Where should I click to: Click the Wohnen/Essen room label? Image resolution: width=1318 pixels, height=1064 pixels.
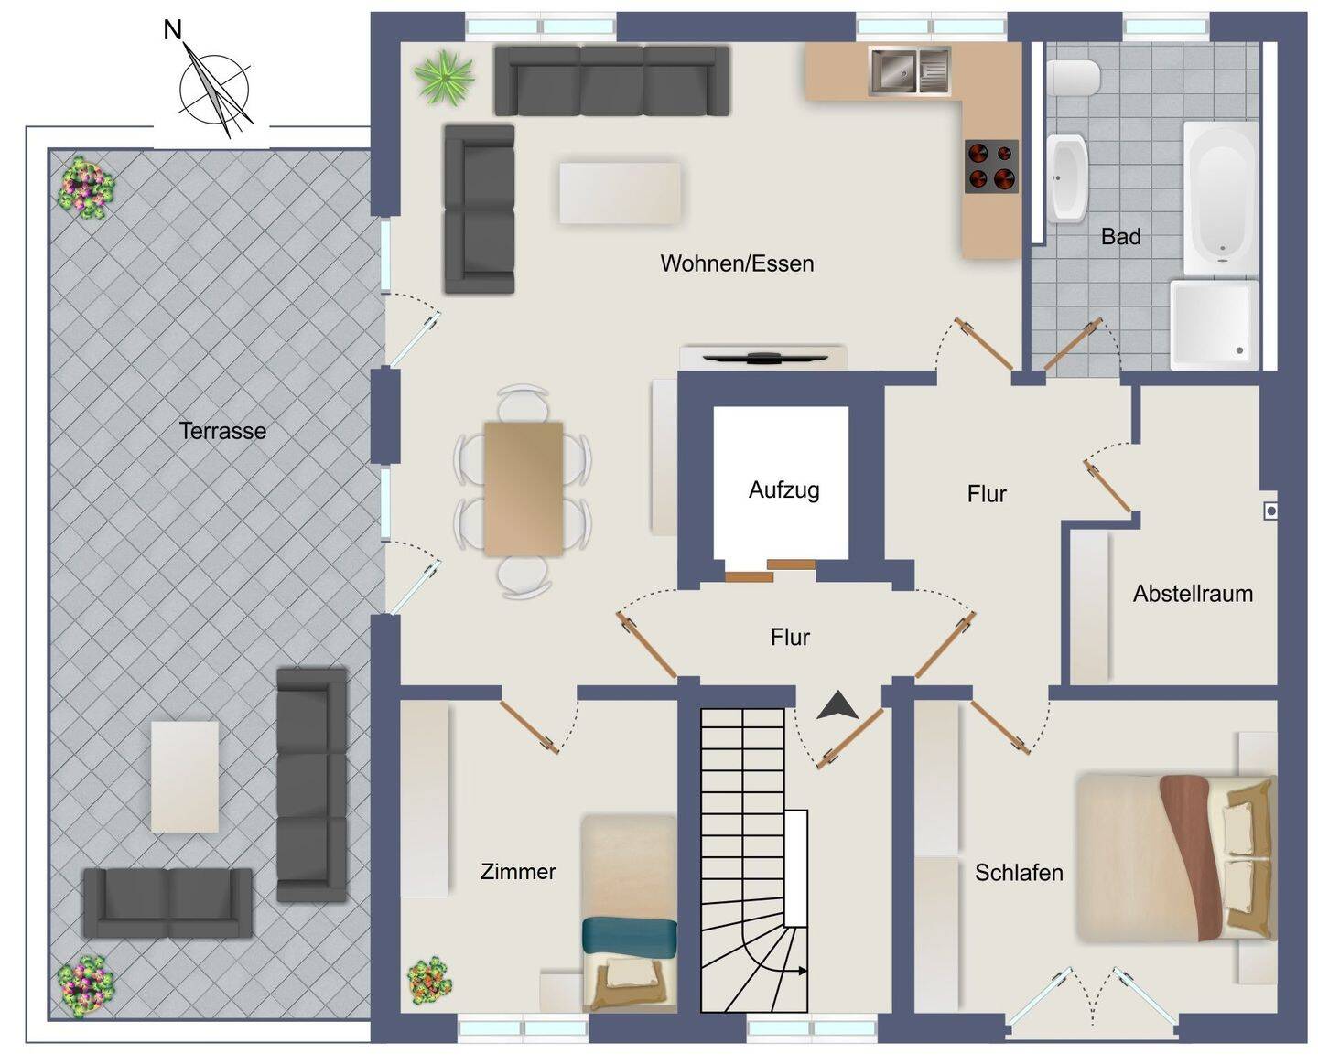(737, 263)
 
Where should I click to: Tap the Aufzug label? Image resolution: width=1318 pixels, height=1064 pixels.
(783, 490)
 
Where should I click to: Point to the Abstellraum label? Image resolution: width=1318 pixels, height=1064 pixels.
(1193, 594)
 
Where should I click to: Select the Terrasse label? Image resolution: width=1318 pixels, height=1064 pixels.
(222, 431)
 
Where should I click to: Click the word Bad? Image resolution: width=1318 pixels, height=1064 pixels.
(1120, 236)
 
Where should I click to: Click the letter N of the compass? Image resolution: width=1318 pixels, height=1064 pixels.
(173, 30)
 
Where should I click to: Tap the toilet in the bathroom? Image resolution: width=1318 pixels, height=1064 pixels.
(1073, 79)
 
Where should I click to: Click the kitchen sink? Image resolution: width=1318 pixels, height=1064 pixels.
(908, 71)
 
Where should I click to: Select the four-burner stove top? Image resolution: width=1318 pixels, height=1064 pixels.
(991, 167)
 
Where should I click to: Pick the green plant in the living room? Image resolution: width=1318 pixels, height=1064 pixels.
(444, 78)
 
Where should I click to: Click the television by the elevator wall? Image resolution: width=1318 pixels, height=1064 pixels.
(765, 358)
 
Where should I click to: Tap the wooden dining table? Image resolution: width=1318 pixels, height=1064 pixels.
(524, 489)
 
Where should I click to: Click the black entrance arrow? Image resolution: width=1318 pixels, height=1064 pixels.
(837, 705)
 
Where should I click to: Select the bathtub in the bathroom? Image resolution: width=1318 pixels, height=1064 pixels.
(1221, 198)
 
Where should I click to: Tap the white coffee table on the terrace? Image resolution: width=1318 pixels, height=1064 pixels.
(184, 777)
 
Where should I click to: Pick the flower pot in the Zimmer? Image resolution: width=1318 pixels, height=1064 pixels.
(429, 982)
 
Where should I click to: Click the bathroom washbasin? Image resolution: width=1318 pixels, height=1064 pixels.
(1067, 178)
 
